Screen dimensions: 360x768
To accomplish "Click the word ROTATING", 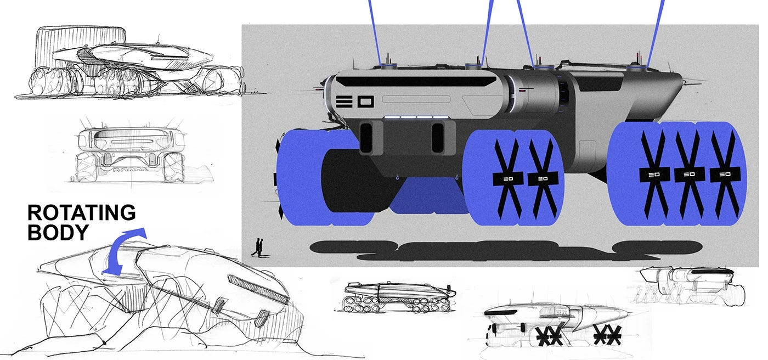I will click(81, 212).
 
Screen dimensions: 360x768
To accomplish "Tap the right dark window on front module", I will click(437, 137).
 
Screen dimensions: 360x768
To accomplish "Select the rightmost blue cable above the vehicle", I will click(655, 30).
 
